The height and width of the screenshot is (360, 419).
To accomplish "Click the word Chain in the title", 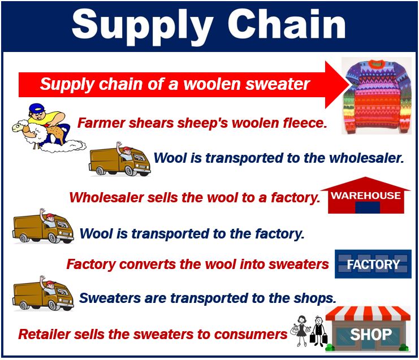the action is [x=287, y=24].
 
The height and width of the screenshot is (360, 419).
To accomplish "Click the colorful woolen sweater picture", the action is [x=377, y=96].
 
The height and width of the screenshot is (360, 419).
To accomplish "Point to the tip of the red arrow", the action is [x=349, y=85].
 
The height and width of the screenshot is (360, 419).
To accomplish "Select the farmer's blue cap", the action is [x=36, y=109].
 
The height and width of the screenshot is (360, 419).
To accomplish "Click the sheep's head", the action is [x=18, y=127].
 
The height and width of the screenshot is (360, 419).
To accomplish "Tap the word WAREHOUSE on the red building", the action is [x=365, y=196].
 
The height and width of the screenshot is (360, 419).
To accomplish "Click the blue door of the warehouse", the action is [x=368, y=207].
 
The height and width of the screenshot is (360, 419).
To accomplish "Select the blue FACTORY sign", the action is [x=373, y=264].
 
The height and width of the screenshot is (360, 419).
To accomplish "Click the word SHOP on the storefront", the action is [x=370, y=334].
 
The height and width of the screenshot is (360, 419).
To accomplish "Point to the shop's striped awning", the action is [x=368, y=314].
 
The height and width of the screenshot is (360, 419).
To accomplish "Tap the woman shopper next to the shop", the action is [x=301, y=331].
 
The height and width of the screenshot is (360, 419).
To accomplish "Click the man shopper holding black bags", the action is [x=318, y=331].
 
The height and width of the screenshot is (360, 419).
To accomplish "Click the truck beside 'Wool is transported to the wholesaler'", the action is [x=120, y=160].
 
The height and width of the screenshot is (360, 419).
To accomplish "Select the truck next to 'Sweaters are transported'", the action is [x=44, y=294].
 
